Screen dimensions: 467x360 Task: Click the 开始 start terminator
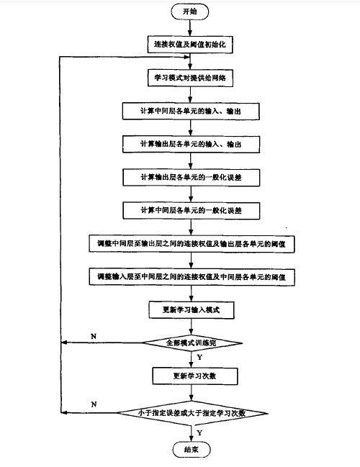click(x=190, y=12)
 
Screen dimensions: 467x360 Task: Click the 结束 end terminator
click(x=190, y=448)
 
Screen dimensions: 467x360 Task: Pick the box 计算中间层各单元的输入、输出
click(x=190, y=110)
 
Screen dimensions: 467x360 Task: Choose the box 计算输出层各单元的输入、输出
click(x=190, y=143)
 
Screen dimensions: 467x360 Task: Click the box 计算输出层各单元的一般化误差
click(x=190, y=176)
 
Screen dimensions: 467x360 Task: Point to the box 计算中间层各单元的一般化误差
click(x=190, y=209)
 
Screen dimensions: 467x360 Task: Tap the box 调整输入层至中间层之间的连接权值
click(x=190, y=276)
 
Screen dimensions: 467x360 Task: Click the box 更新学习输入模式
click(x=190, y=310)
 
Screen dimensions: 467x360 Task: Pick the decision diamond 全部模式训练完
click(x=190, y=343)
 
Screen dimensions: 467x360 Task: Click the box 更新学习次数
click(x=190, y=375)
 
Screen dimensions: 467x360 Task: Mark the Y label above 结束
click(x=199, y=431)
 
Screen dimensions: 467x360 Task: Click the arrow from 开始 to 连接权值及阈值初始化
click(x=190, y=27)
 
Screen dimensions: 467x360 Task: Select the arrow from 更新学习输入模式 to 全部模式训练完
click(x=190, y=326)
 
